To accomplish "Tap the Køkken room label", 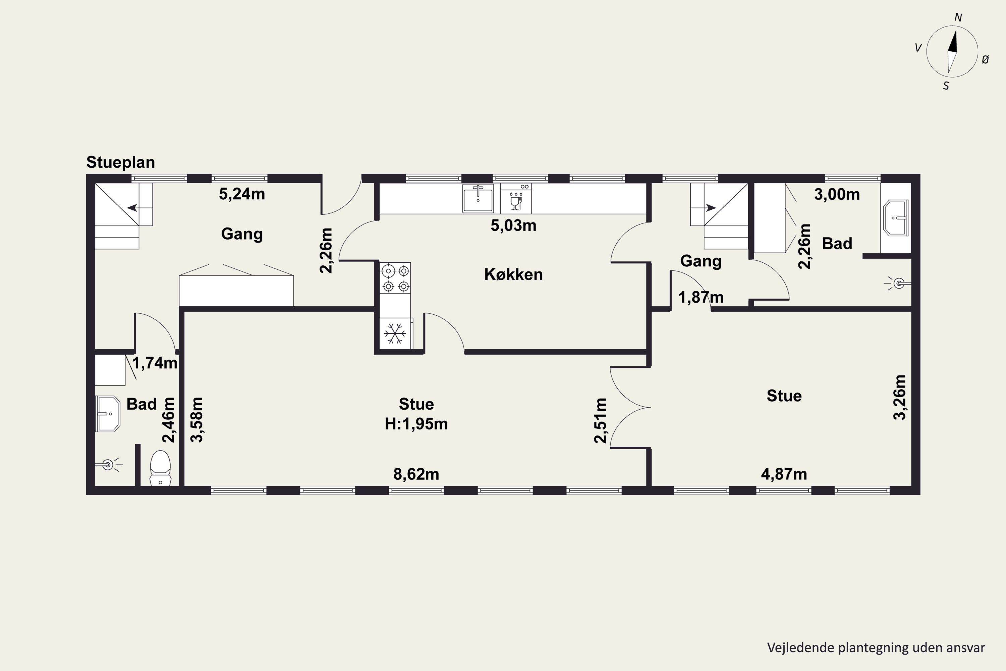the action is (x=513, y=274).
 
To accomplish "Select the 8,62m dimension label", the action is (x=416, y=474).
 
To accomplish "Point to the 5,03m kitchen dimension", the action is (x=513, y=225).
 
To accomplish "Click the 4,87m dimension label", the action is (x=784, y=474).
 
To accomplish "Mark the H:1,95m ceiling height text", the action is (x=416, y=424).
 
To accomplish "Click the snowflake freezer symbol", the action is (x=395, y=333).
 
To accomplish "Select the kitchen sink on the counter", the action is (x=478, y=198).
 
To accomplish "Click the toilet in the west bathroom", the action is (x=160, y=468).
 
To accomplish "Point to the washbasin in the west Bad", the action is (x=107, y=414).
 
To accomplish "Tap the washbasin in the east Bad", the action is (x=896, y=217).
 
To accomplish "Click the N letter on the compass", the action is (x=958, y=17).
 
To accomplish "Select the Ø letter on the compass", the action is (x=985, y=60).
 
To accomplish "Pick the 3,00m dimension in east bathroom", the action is (x=837, y=194).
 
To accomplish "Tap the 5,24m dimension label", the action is (x=242, y=194).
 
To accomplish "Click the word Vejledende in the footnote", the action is (x=801, y=648).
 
